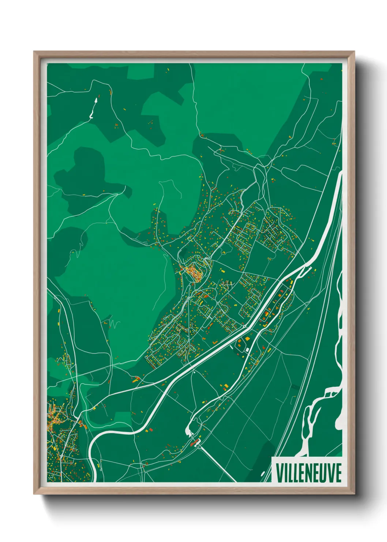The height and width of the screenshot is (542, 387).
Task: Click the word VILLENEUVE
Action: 309,473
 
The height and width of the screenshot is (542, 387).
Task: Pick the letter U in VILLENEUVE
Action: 324,473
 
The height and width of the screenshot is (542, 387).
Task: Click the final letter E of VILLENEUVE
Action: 338,473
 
